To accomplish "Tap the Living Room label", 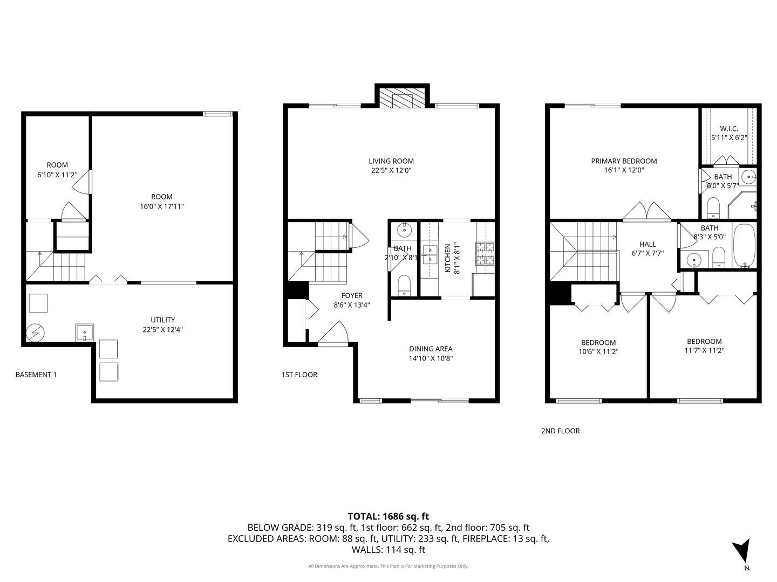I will pyautogui.click(x=391, y=161).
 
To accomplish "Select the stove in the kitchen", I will pyautogui.click(x=484, y=253).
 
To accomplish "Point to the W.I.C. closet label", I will pyautogui.click(x=728, y=129).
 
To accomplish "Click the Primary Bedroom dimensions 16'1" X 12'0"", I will pyautogui.click(x=624, y=170).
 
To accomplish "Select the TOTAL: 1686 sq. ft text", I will pyautogui.click(x=388, y=516).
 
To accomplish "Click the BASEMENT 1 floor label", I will pyautogui.click(x=36, y=375).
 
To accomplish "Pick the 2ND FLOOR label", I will pyautogui.click(x=560, y=431).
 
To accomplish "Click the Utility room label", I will pyautogui.click(x=162, y=320).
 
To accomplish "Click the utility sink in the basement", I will pyautogui.click(x=85, y=332).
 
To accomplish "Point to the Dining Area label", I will pyautogui.click(x=430, y=349).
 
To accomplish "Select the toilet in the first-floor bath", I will pyautogui.click(x=404, y=284).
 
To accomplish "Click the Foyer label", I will pyautogui.click(x=352, y=295).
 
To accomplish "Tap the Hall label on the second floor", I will pyautogui.click(x=647, y=244).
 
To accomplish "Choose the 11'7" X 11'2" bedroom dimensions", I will pyautogui.click(x=704, y=350).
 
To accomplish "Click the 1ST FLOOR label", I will pyautogui.click(x=299, y=375).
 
